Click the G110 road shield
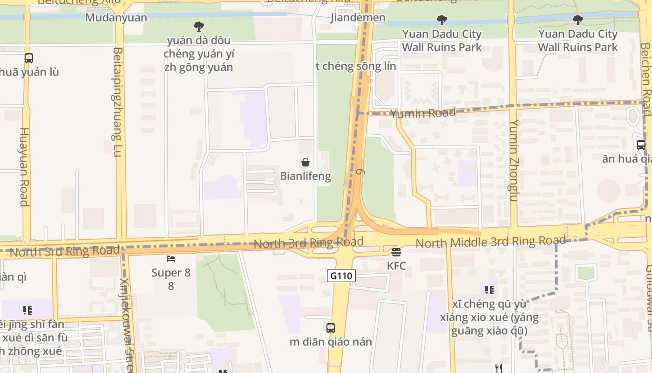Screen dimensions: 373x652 (341, 276)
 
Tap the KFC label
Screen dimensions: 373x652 (396, 266)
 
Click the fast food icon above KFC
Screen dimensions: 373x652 (396, 253)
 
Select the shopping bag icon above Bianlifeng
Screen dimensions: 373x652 (306, 162)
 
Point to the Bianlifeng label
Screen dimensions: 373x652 (306, 176)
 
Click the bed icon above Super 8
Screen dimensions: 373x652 (171, 258)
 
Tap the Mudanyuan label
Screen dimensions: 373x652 (116, 18)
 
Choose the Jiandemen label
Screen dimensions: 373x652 (358, 18)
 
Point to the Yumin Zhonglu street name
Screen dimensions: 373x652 (513, 160)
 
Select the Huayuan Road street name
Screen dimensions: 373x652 (24, 166)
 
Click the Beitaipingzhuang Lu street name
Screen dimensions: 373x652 (117, 102)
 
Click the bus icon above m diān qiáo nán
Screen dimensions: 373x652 (331, 328)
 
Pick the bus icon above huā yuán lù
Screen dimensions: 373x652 (29, 58)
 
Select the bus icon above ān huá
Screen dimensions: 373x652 (641, 145)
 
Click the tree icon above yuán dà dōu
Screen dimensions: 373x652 (199, 26)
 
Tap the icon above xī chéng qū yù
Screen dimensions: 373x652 (489, 290)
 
